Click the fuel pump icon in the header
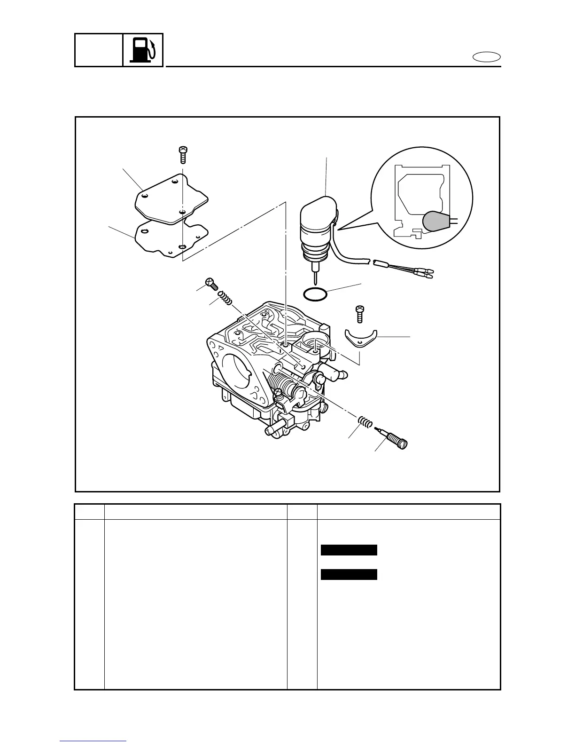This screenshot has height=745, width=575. click(143, 50)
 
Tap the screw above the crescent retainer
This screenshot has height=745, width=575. click(360, 313)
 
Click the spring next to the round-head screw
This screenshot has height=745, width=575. click(225, 298)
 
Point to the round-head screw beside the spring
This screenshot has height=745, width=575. click(210, 284)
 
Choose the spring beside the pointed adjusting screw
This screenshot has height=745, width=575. click(365, 421)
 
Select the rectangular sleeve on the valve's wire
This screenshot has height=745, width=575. click(381, 263)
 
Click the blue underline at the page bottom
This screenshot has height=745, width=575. click(93, 741)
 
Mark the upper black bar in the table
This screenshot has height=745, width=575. click(349, 550)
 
